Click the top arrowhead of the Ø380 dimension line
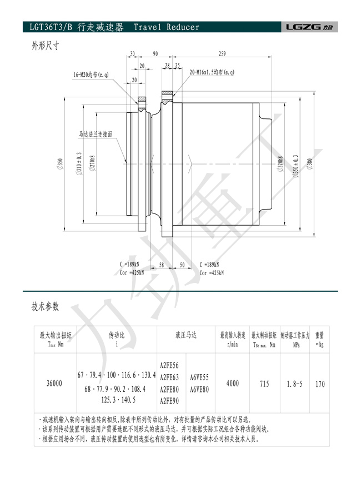(314, 92)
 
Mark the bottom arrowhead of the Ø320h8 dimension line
(284, 225)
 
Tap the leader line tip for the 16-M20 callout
(138, 104)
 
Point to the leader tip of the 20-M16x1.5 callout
(173, 96)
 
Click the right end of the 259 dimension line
(272, 57)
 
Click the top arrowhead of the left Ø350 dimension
(64, 97)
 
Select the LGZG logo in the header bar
(309, 27)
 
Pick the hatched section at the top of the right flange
(167, 93)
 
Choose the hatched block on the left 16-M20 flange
(142, 99)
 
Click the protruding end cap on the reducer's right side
(265, 163)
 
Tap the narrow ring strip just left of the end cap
(256, 164)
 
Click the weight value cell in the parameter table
(320, 384)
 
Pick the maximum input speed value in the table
(233, 384)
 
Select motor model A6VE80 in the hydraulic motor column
(199, 389)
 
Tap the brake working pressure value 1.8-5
(294, 384)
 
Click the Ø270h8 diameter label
(93, 163)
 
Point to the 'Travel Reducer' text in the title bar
(167, 27)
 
